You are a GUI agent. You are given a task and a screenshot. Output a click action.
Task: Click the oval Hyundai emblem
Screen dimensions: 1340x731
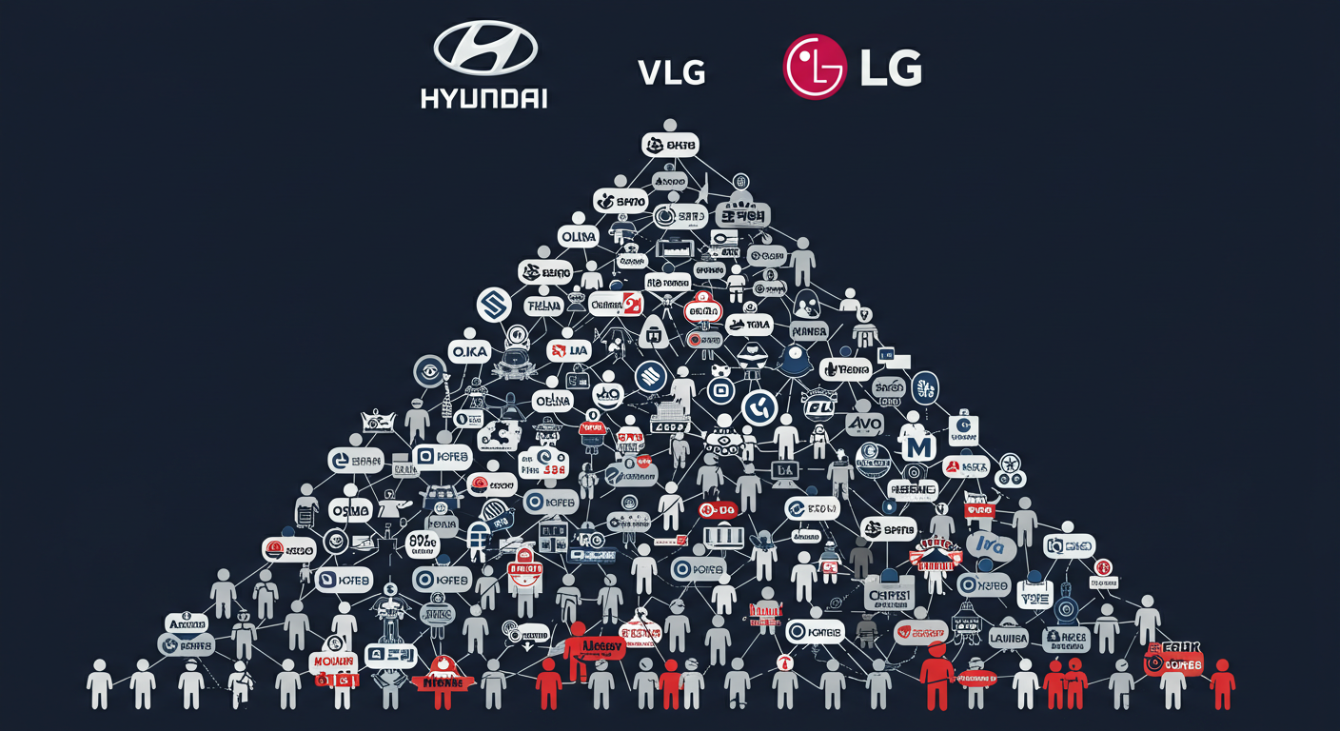(484, 49)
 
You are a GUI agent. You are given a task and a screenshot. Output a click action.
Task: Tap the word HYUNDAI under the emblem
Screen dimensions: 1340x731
(483, 98)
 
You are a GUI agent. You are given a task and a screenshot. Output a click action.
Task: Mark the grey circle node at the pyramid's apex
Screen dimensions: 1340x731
(669, 126)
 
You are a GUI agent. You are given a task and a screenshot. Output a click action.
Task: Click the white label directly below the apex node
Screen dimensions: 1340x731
(671, 145)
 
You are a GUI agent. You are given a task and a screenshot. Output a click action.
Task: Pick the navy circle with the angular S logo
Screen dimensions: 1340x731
(494, 305)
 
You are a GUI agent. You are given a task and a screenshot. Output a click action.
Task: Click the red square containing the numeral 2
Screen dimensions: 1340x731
(631, 304)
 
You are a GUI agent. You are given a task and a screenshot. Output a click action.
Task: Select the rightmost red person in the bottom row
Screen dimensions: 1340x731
(1222, 683)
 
